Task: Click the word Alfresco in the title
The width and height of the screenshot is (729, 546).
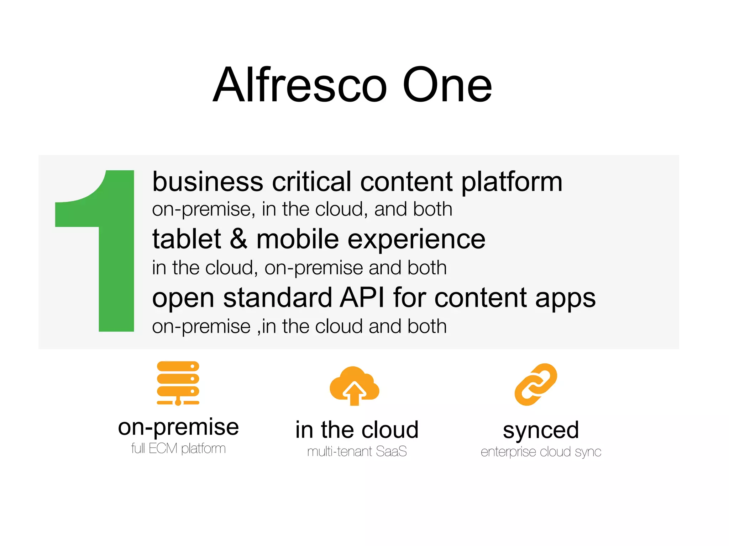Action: (x=300, y=85)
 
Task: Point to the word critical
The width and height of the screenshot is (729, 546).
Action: (x=311, y=182)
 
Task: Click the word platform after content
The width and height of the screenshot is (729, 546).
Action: (x=512, y=182)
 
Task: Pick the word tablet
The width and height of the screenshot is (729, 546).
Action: (x=187, y=239)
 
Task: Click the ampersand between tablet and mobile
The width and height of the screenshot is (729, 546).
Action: (x=238, y=239)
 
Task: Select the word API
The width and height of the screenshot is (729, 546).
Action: (x=362, y=298)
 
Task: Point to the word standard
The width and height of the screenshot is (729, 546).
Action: (x=277, y=298)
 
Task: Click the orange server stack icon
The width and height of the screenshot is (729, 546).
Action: (x=178, y=383)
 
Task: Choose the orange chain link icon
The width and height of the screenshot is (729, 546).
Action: (x=536, y=384)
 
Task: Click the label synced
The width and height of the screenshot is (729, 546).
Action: (x=541, y=430)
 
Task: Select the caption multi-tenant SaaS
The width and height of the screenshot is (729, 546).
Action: (x=357, y=451)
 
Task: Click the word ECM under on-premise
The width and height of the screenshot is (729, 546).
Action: (x=163, y=449)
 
